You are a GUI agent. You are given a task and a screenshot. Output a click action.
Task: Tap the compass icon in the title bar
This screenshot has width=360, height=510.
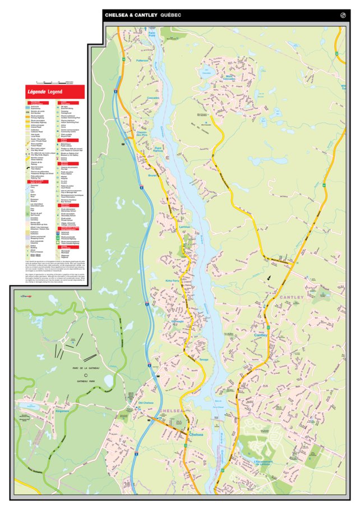343,15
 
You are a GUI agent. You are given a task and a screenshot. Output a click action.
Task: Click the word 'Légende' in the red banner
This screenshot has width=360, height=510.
36,91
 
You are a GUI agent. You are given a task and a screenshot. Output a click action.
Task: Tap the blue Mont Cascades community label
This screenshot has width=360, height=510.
229,78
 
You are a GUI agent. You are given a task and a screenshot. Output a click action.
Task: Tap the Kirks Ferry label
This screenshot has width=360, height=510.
173,279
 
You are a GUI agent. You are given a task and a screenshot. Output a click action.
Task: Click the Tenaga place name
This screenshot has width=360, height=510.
203,359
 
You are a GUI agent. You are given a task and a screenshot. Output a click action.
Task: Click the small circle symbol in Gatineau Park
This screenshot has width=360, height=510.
86,375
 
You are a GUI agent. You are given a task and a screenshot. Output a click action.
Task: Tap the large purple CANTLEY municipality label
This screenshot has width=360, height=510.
292,297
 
